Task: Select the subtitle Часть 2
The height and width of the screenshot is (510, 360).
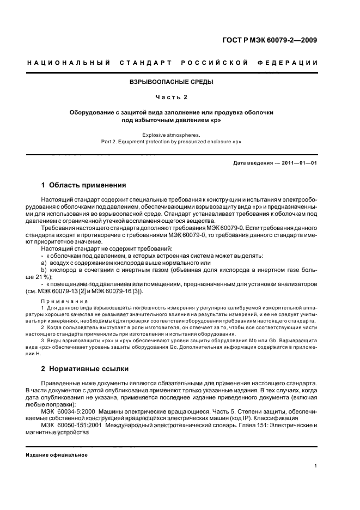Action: tap(171, 97)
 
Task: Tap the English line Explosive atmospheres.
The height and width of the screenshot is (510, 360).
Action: tap(171, 134)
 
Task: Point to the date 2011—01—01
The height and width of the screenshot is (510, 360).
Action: tap(298, 163)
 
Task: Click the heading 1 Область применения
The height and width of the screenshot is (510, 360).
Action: tap(84, 185)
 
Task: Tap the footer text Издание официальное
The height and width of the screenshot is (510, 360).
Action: tap(57, 455)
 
